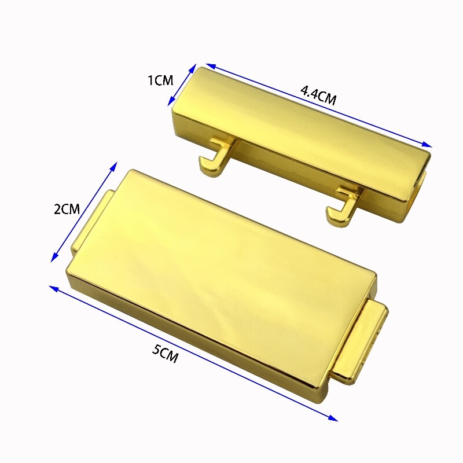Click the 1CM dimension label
pos(160,80)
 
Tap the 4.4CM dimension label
pos(318,95)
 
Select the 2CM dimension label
pos(67,210)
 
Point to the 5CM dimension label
pos(166,354)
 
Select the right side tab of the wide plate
pos(361,343)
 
